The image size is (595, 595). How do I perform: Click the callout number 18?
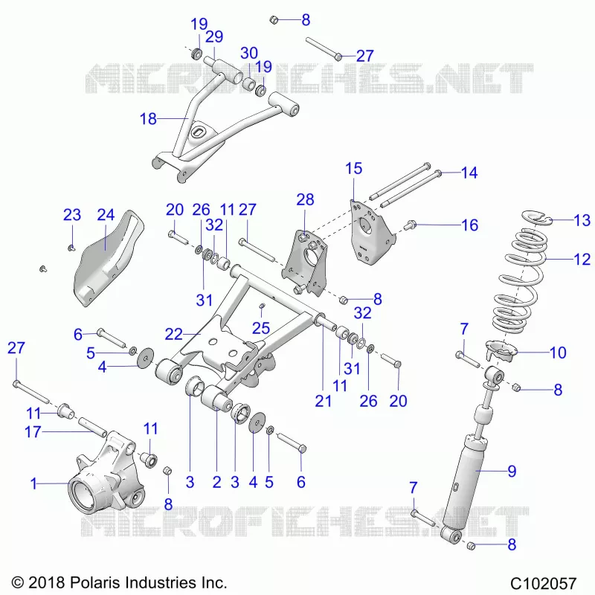click(x=148, y=119)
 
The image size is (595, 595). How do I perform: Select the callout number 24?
click(x=106, y=215)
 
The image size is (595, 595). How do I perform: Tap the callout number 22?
click(x=173, y=334)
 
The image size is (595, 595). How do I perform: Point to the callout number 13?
click(x=582, y=220)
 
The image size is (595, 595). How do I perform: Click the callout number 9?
click(x=512, y=471)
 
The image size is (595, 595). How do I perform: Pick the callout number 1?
click(x=33, y=483)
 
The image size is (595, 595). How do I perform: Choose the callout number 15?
click(x=354, y=169)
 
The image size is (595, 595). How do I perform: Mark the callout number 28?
click(x=305, y=199)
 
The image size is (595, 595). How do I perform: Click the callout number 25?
click(x=261, y=328)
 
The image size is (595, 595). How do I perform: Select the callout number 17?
click(x=33, y=432)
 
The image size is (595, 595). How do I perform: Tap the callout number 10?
click(x=558, y=353)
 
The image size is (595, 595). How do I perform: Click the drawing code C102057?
click(x=544, y=582)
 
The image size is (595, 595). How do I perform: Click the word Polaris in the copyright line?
click(x=96, y=582)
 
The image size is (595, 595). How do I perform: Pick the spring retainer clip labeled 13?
click(x=535, y=217)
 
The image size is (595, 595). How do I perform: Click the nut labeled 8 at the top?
click(x=274, y=20)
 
